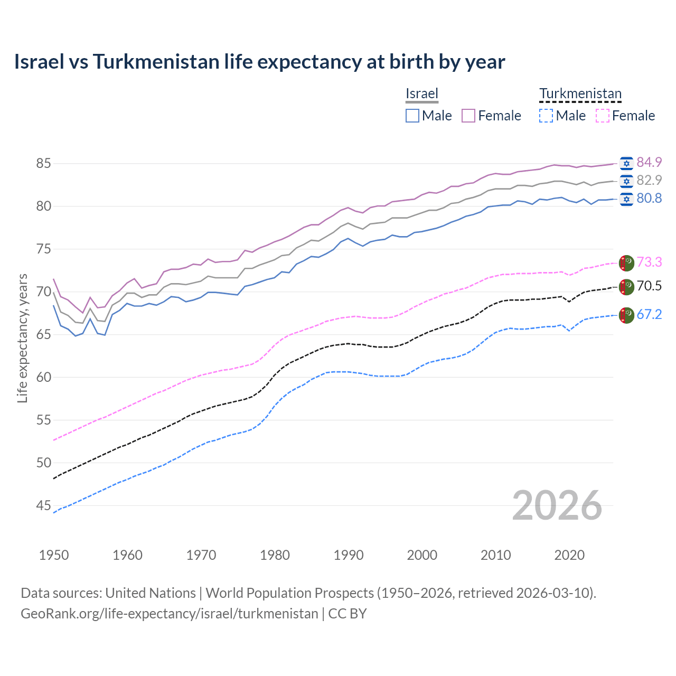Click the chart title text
259,62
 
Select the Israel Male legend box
412,116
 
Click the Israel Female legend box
468,116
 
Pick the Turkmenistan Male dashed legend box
546,116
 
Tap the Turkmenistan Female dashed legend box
603,116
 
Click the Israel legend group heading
422,93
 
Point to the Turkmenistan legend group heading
580,93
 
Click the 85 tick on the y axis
43,163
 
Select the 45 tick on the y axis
43,506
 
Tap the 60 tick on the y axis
43,377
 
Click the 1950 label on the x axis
54,555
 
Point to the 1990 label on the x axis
349,555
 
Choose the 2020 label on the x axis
569,555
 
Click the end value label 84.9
649,162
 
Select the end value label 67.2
649,315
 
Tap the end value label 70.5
649,286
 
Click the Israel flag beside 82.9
626,181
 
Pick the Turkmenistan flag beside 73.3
626,262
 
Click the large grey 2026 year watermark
557,505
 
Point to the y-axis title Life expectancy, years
23,338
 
